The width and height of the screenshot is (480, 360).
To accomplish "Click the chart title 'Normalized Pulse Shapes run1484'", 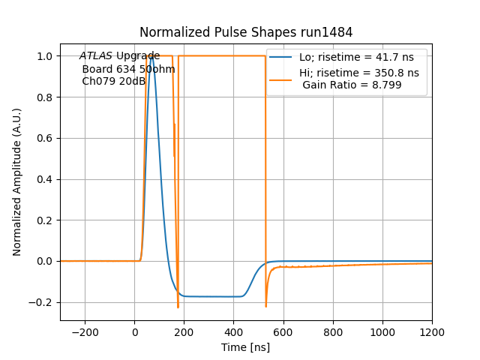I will pyautogui.click(x=246, y=32).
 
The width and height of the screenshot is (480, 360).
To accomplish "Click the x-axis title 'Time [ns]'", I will pyautogui.click(x=246, y=347).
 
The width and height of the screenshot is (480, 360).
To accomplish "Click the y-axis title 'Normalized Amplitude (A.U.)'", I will pyautogui.click(x=17, y=181).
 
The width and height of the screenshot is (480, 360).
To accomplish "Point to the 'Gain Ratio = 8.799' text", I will pyautogui.click(x=352, y=85).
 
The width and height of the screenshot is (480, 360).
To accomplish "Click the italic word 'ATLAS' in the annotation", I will pyautogui.click(x=96, y=56).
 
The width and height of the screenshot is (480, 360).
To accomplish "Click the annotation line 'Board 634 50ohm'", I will pyautogui.click(x=128, y=69).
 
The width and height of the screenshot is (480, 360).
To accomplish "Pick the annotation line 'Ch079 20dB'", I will pyautogui.click(x=113, y=81).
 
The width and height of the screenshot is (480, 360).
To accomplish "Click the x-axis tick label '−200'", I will pyautogui.click(x=85, y=332).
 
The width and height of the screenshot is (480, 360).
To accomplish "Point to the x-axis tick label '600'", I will pyautogui.click(x=283, y=332).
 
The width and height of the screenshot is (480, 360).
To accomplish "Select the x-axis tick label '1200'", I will pyautogui.click(x=432, y=332).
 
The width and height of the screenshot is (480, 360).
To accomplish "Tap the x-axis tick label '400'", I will pyautogui.click(x=234, y=332).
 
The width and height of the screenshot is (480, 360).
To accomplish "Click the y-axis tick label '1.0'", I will pyautogui.click(x=45, y=56).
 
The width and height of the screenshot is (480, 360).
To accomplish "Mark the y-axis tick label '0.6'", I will pyautogui.click(x=45, y=138).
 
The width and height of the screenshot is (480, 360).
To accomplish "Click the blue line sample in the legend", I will pyautogui.click(x=280, y=57).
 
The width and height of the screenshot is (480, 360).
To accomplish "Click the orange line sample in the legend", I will pyautogui.click(x=280, y=73).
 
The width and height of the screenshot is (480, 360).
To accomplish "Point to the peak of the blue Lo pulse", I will pyautogui.click(x=152, y=56).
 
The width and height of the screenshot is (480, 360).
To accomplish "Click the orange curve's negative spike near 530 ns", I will pyautogui.click(x=266, y=305).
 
